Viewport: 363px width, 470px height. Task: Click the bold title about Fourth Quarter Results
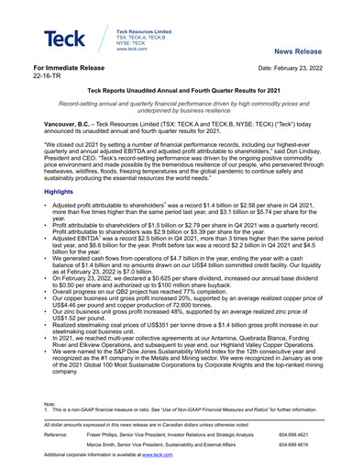tap(181, 93)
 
